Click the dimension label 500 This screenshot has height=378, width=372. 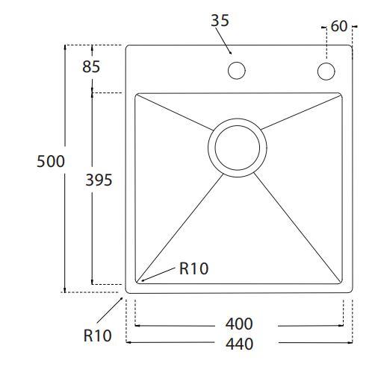click(51, 161)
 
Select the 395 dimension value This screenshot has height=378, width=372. click(99, 180)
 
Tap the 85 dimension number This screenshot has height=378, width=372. click(91, 66)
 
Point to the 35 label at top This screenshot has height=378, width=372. click(220, 21)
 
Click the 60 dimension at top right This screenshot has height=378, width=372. click(338, 27)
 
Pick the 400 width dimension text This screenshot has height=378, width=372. click(239, 324)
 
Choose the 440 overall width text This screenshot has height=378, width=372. click(239, 344)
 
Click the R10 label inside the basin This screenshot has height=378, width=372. click(194, 269)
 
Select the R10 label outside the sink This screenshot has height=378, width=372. click(97, 336)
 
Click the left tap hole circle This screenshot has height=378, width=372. click(237, 72)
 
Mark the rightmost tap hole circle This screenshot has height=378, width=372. click(326, 72)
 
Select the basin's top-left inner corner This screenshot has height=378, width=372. click(137, 95)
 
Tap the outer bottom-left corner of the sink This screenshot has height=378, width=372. click(127, 291)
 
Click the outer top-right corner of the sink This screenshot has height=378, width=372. click(350, 47)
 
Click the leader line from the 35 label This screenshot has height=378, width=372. click(226, 41)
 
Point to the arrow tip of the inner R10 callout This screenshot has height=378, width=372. click(140, 280)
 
